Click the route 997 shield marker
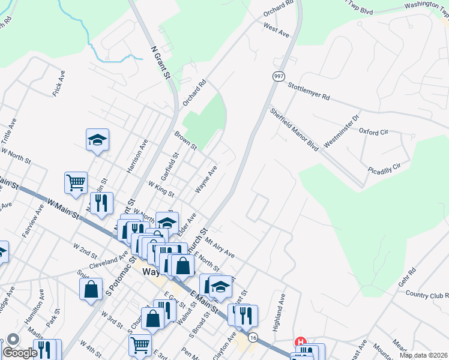tap(279, 76)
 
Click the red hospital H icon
tap(300, 342)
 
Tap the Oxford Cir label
tap(374, 131)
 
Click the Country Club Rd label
tap(427, 295)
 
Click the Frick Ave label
tap(58, 83)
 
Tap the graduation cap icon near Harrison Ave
tap(97, 140)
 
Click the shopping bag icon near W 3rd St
tap(91, 289)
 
